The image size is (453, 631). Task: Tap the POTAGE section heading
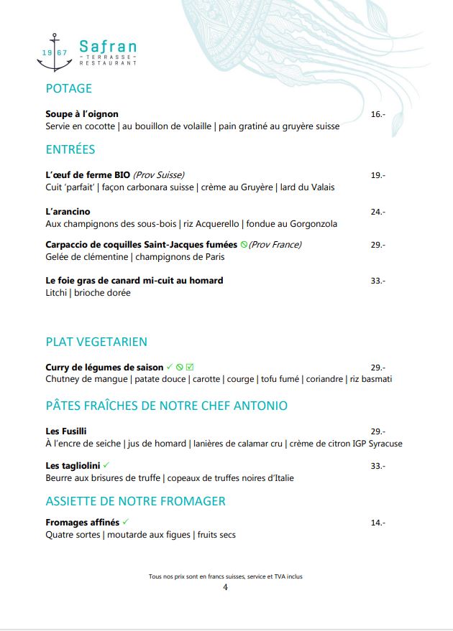[x=68, y=88]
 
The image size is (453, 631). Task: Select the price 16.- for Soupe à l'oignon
[x=377, y=114]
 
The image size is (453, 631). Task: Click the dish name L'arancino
[x=68, y=212]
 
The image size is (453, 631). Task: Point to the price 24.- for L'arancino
[x=377, y=212]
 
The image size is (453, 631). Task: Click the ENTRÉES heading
[x=70, y=149]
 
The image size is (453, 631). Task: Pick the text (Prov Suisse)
[x=159, y=175]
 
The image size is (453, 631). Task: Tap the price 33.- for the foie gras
[x=377, y=281]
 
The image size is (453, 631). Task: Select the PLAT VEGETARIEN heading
[x=96, y=342]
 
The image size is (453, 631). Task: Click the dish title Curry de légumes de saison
[x=104, y=368]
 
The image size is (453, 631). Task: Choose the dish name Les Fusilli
[x=66, y=431]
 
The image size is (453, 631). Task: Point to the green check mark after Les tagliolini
[x=106, y=465]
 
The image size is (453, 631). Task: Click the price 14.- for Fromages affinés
[x=377, y=523]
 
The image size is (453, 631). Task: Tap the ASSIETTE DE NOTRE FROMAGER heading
[x=135, y=501]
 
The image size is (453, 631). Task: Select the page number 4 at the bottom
[x=225, y=587]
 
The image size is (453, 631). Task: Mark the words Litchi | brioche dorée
[x=88, y=293]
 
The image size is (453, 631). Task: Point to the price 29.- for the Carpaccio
[x=377, y=245]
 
